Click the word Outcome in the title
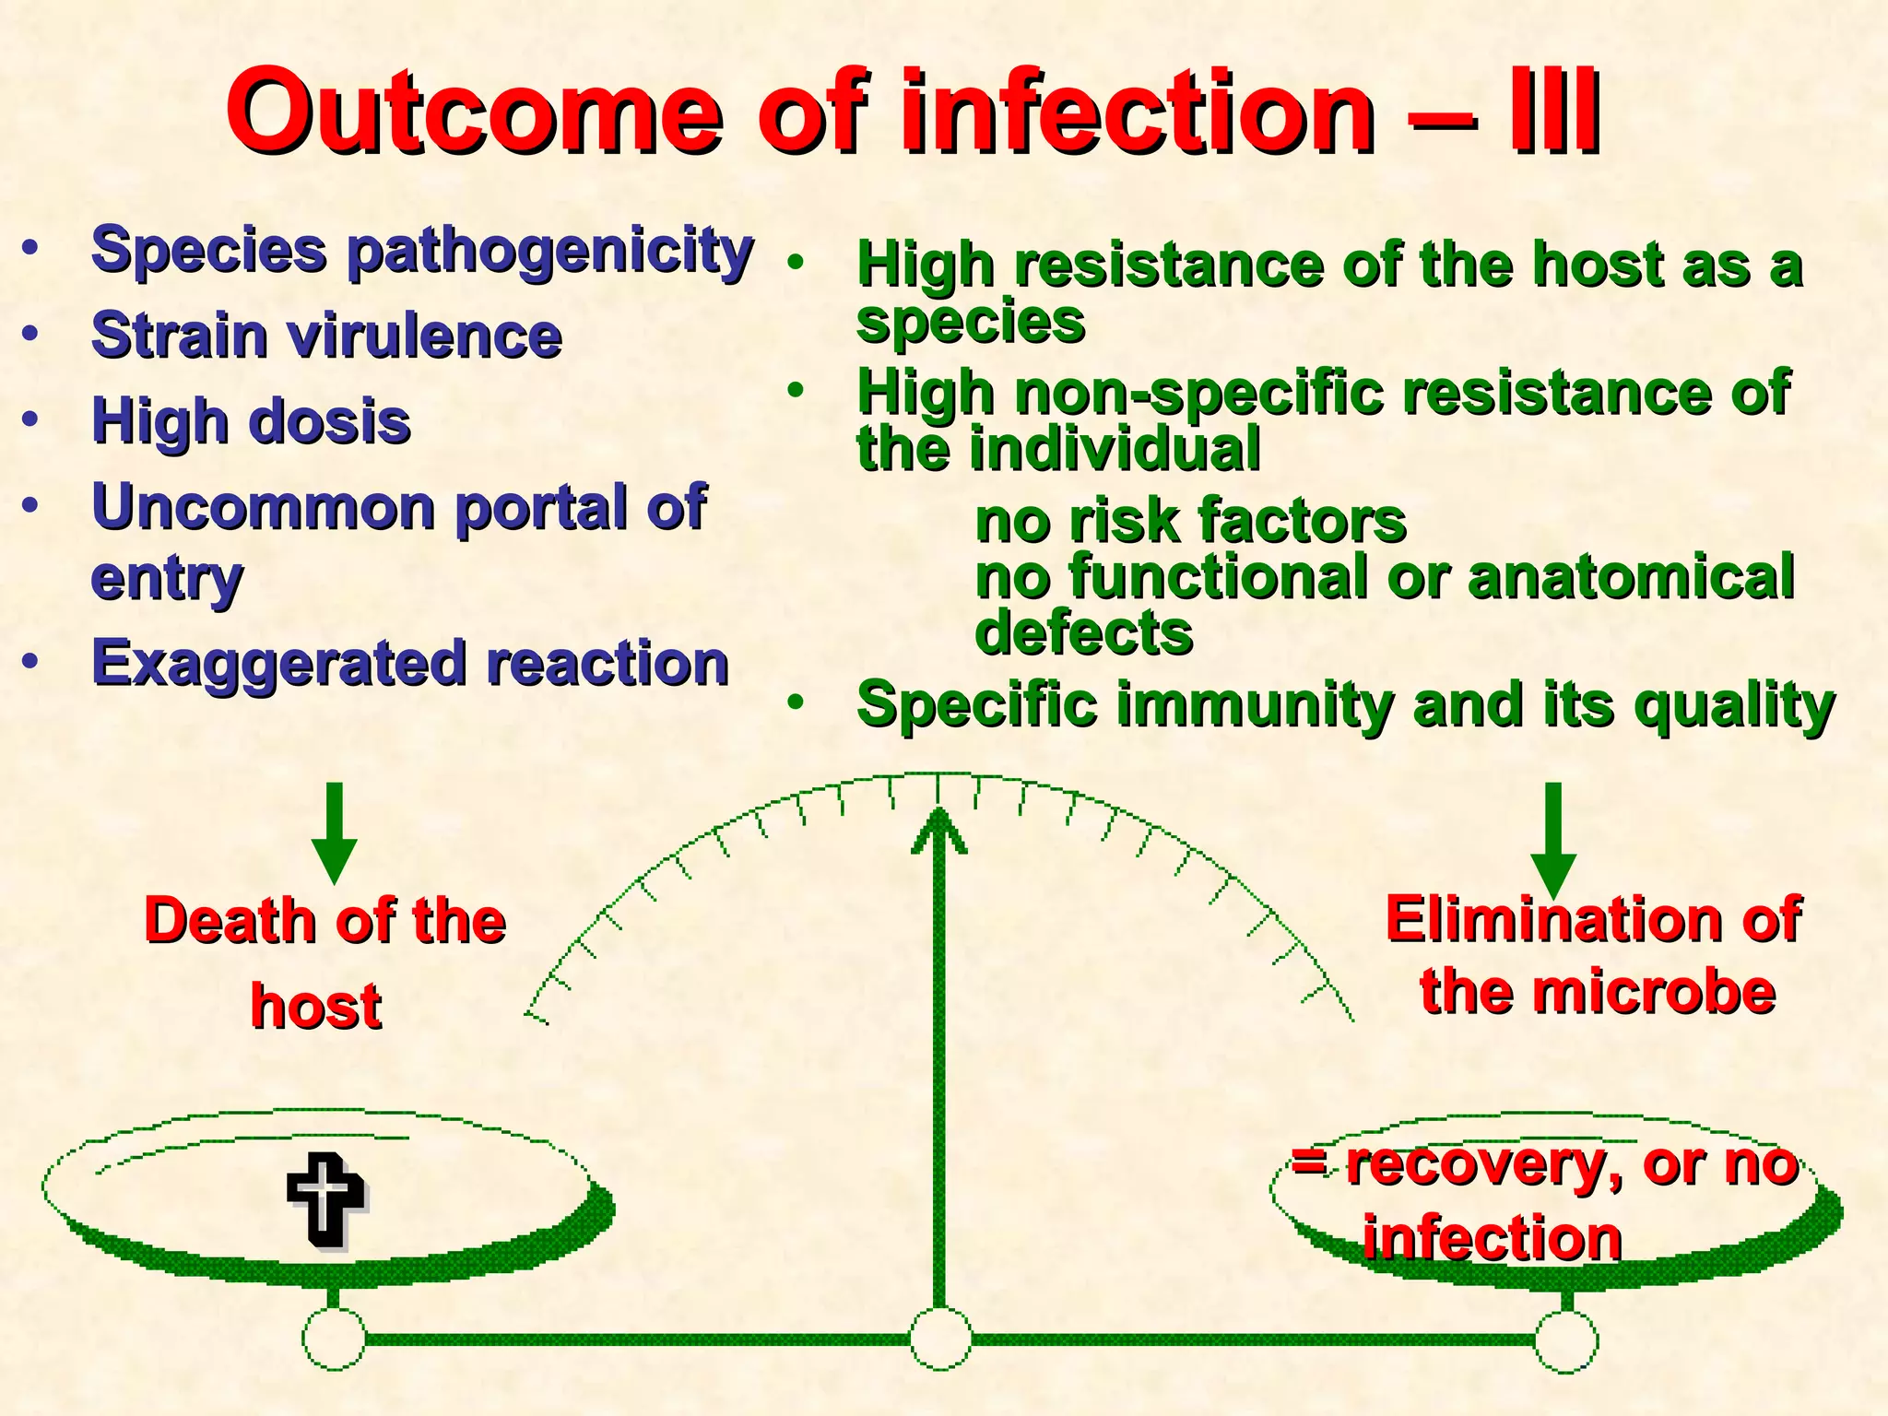pyautogui.click(x=475, y=112)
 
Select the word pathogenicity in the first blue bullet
pyautogui.click(x=550, y=252)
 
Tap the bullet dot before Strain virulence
pyautogui.click(x=31, y=334)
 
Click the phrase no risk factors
pyautogui.click(x=1190, y=521)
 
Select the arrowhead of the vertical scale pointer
pyautogui.click(x=938, y=830)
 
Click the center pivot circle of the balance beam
pyautogui.click(x=939, y=1339)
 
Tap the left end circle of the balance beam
pyautogui.click(x=334, y=1339)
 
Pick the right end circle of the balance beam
pyautogui.click(x=1565, y=1340)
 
